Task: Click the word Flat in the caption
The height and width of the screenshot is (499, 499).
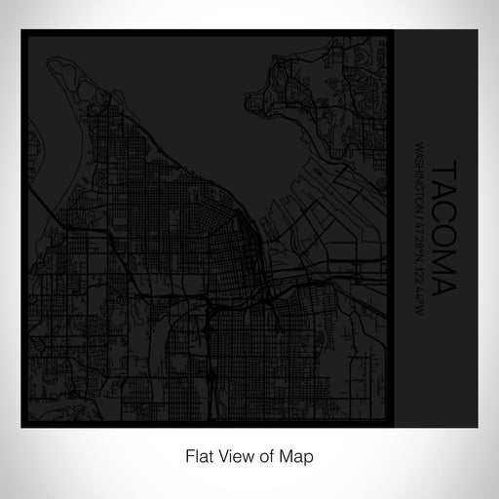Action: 193,455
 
